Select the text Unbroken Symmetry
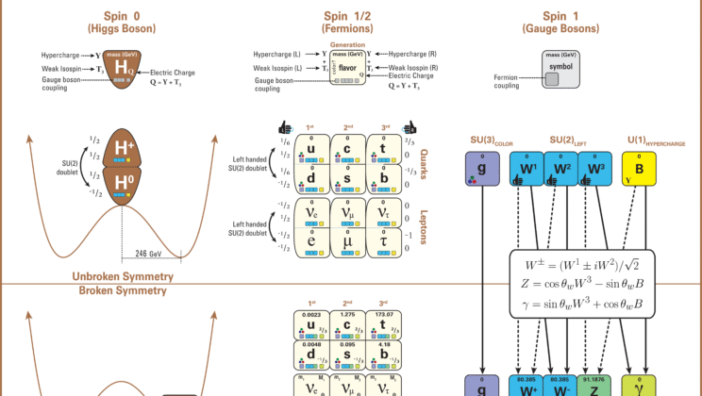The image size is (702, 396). point(124,277)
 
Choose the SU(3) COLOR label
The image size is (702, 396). point(490,142)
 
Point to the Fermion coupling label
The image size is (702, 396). point(509,82)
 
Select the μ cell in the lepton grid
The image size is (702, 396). point(348,239)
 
